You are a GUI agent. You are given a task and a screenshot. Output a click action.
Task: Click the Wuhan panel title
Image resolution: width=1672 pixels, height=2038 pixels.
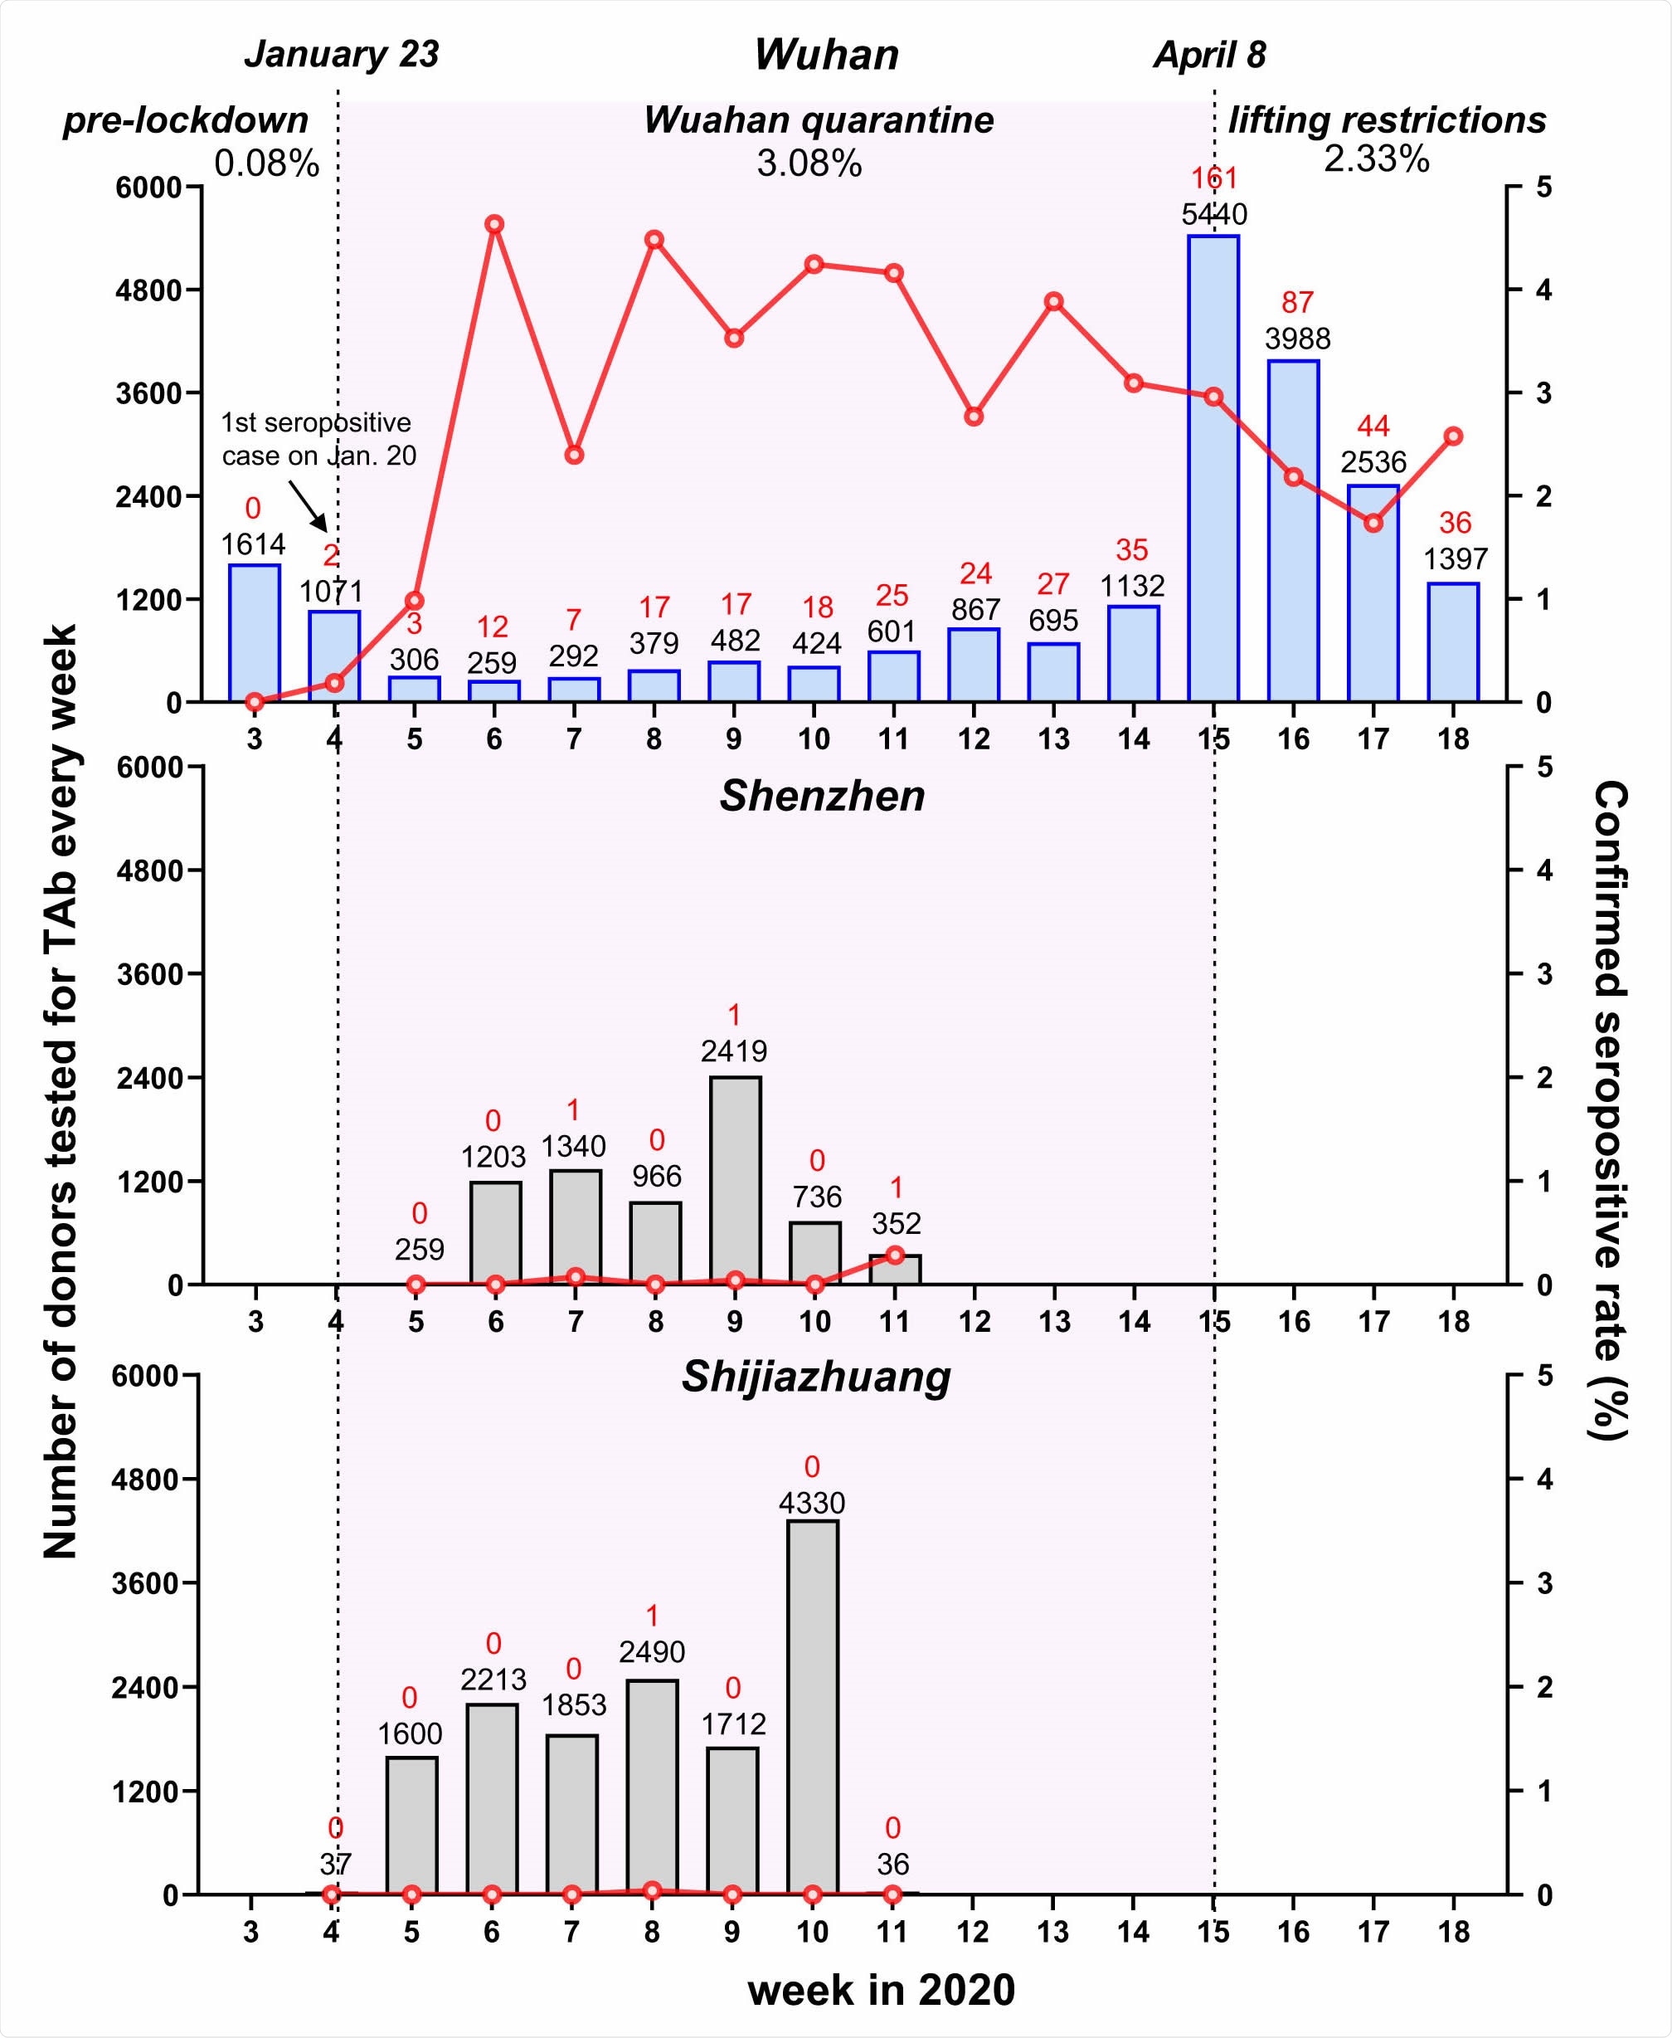(x=825, y=54)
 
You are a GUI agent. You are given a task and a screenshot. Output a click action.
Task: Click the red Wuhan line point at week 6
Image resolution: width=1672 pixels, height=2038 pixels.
(x=494, y=225)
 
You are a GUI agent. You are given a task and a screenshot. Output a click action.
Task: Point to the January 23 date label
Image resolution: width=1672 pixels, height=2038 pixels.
(x=341, y=54)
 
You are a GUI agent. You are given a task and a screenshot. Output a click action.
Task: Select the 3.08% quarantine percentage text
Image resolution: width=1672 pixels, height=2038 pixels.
(x=808, y=163)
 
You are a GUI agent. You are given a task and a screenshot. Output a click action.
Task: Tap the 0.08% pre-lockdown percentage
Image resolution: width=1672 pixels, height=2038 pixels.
(x=266, y=163)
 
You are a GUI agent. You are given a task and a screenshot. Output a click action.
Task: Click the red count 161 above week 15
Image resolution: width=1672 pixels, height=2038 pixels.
(x=1213, y=178)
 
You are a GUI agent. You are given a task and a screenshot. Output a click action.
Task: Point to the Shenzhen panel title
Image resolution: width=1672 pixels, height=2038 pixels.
(x=822, y=796)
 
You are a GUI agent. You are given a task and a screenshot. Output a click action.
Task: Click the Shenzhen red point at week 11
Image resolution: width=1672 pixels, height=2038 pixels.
(x=895, y=1255)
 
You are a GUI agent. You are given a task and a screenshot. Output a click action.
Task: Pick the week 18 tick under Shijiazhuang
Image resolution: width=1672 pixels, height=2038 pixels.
(x=1452, y=1931)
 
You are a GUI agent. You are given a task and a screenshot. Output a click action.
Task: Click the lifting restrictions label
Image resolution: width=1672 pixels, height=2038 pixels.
(x=1386, y=120)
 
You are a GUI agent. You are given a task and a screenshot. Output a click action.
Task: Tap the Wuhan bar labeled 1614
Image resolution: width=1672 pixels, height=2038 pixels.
(x=255, y=632)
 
